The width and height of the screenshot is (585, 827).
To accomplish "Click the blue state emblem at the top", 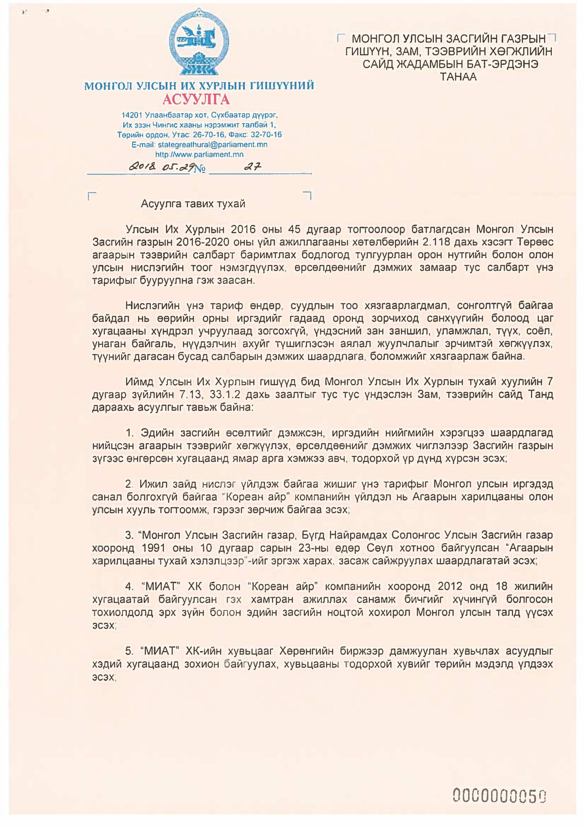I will click(199, 45).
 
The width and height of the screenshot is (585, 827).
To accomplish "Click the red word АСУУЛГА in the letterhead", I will click(196, 99).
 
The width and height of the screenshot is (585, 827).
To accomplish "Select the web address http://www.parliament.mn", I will click(199, 154).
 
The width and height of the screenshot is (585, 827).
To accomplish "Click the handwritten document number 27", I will click(253, 166).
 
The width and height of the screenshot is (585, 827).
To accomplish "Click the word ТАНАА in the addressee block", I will click(458, 77).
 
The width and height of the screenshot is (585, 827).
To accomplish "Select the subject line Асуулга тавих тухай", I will click(193, 204).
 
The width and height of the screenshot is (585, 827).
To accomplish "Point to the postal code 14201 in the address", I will click(132, 115).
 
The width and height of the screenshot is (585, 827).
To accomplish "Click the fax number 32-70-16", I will click(266, 134).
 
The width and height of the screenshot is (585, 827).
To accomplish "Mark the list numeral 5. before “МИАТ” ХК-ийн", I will click(129, 651).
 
